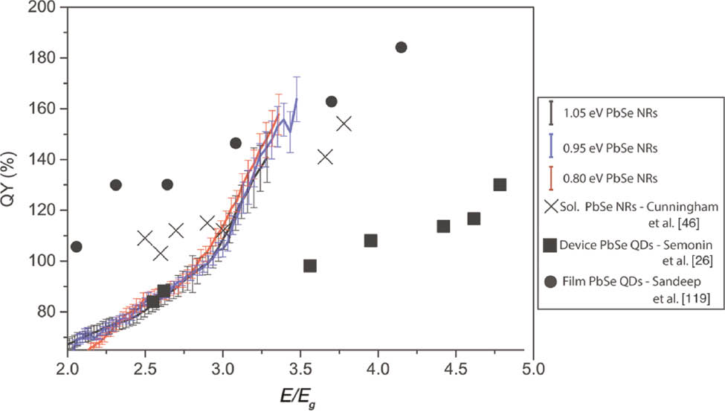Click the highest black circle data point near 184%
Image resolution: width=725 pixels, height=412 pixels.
pyautogui.click(x=402, y=48)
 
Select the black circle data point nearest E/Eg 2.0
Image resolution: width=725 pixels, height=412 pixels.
pyautogui.click(x=76, y=246)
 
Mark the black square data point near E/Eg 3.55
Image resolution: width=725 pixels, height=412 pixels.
pyautogui.click(x=310, y=265)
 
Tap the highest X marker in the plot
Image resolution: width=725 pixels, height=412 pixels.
pyautogui.click(x=344, y=123)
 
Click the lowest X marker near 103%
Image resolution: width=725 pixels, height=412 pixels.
pyautogui.click(x=160, y=254)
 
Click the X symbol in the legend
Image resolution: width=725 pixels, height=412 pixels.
pyautogui.click(x=551, y=208)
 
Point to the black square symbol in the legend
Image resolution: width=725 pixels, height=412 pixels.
pyautogui.click(x=551, y=245)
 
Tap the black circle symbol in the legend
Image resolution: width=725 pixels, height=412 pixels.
pyautogui.click(x=551, y=281)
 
